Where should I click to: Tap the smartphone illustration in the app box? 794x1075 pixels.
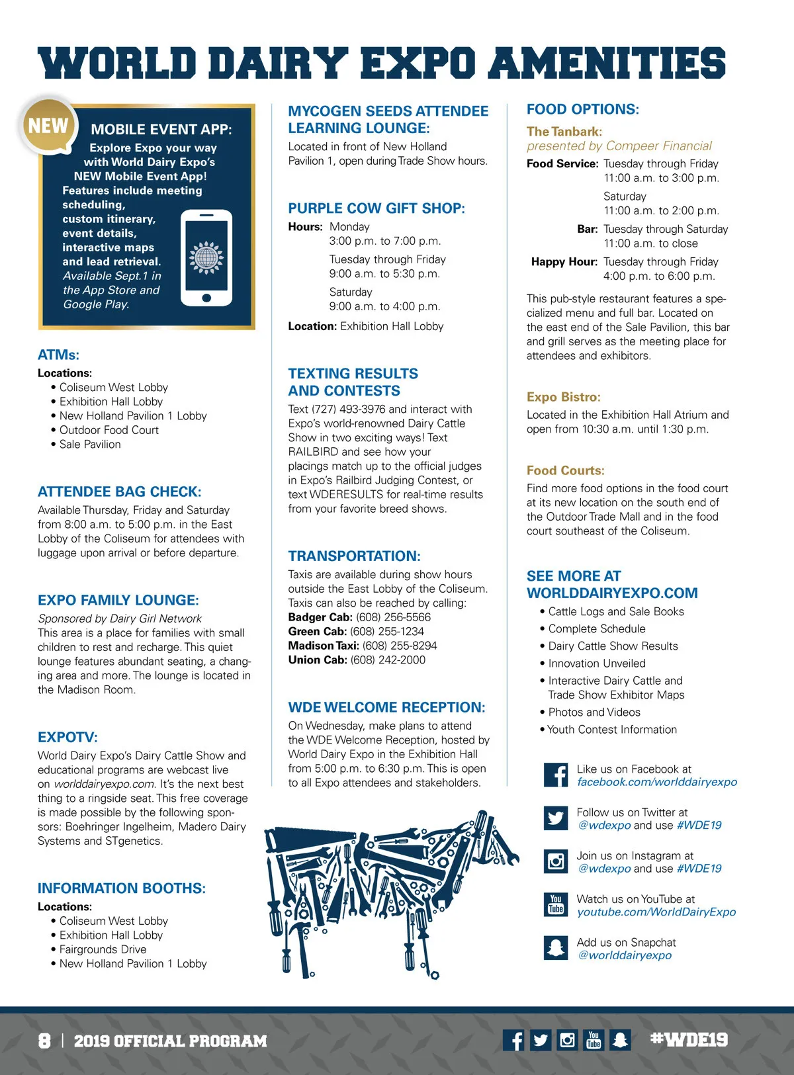click(x=206, y=258)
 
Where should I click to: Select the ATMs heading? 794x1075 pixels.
click(x=58, y=355)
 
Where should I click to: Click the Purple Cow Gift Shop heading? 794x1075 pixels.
click(x=376, y=208)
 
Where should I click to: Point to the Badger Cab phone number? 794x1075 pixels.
click(x=393, y=617)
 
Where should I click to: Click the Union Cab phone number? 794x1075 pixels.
click(x=388, y=660)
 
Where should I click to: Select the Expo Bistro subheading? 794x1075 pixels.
click(x=563, y=397)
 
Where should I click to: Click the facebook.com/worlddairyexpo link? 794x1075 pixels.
click(x=656, y=782)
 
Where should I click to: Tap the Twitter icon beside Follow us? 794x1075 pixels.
click(x=556, y=818)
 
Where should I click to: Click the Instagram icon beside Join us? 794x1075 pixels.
click(x=556, y=861)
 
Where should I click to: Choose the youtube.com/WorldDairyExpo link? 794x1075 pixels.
click(x=656, y=912)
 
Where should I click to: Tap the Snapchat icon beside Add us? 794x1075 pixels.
click(x=556, y=948)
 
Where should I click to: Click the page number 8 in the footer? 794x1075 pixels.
click(x=44, y=1041)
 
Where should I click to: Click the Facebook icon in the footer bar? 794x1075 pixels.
click(x=514, y=1040)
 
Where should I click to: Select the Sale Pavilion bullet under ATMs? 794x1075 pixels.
click(x=89, y=445)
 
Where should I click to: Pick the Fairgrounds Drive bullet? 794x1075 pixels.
click(x=103, y=949)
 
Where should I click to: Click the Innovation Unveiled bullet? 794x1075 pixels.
click(x=596, y=664)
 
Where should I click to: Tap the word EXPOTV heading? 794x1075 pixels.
click(x=67, y=738)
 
